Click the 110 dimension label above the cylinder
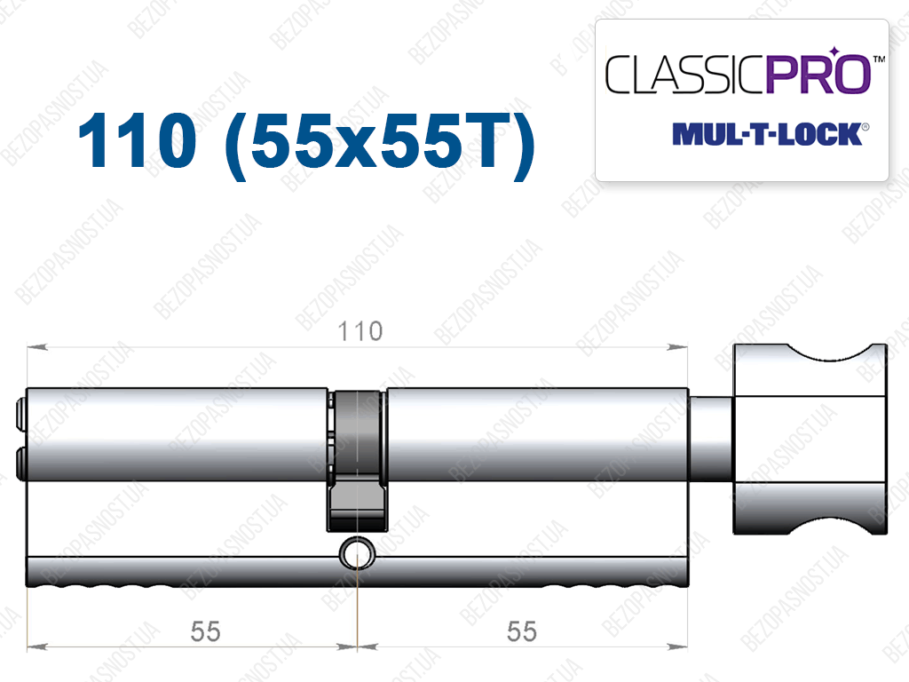[x=360, y=332]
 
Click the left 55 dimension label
[x=205, y=631]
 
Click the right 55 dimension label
[x=522, y=631]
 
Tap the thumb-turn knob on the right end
[x=810, y=439]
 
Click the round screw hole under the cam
[x=357, y=552]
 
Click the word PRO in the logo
[x=819, y=75]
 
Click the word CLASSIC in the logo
[x=685, y=75]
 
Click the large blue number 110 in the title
[x=138, y=140]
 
